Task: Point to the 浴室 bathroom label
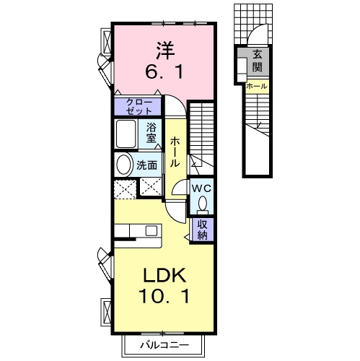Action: point(152,132)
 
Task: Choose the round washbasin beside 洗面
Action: point(123,164)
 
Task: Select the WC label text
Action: point(200,187)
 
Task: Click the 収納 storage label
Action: point(203,229)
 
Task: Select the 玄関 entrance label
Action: point(257,61)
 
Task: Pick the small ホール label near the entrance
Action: point(256,87)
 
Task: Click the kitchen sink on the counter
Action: point(152,230)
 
